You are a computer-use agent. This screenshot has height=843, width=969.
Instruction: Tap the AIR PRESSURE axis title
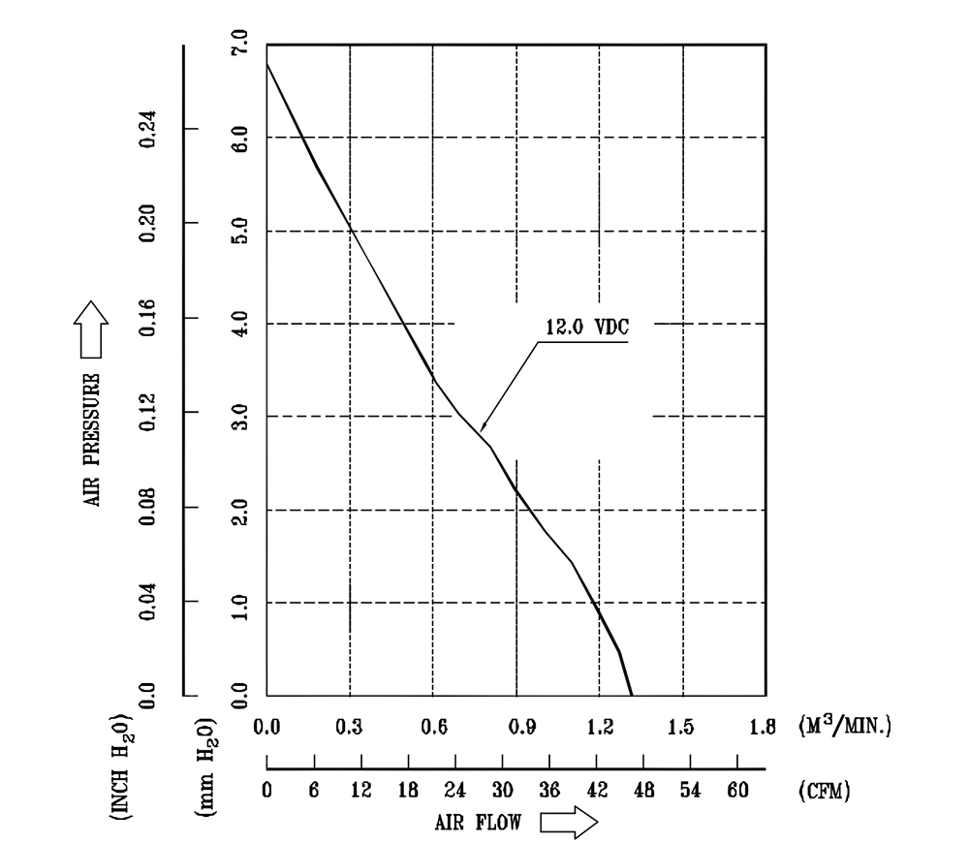coord(95,437)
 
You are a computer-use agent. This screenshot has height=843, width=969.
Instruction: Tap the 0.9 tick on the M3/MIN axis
coord(516,727)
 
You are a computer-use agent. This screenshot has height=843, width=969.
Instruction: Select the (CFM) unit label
coord(825,791)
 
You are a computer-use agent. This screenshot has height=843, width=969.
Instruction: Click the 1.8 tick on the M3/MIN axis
coord(766,727)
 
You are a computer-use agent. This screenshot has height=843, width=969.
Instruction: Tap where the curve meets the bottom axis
coord(632,695)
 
